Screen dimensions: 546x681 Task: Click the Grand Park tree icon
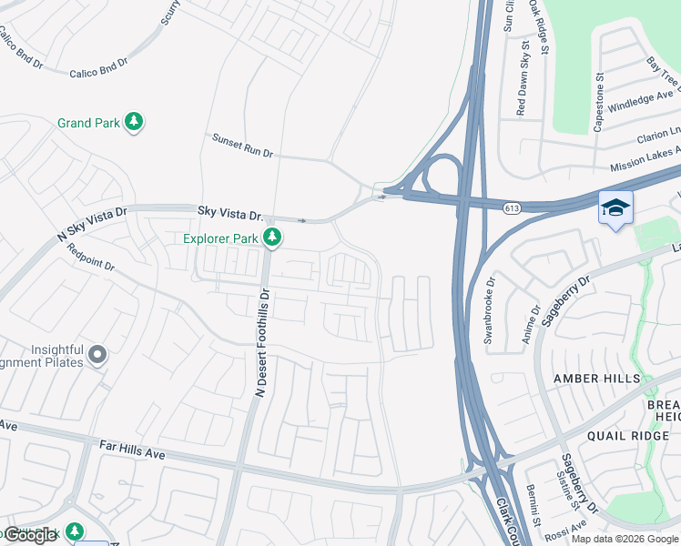[134, 122]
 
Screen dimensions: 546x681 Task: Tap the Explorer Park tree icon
[271, 238]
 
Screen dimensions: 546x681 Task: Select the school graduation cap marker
[615, 208]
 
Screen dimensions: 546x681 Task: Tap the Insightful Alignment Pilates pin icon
[97, 355]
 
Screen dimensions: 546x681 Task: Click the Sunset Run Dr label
[242, 146]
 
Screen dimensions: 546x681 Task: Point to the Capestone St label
[599, 103]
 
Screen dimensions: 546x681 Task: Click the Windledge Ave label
[643, 94]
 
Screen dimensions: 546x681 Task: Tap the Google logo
[31, 535]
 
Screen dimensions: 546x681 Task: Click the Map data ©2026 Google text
[624, 539]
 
